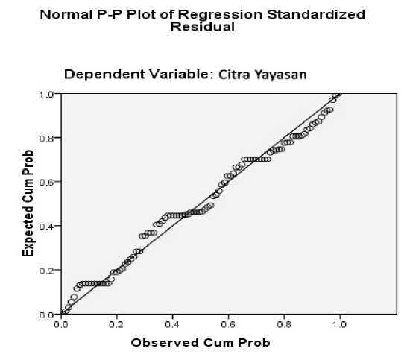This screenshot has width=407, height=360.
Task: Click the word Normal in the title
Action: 66,15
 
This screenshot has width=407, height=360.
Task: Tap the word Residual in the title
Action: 203,27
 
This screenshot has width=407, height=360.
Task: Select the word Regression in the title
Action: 220,15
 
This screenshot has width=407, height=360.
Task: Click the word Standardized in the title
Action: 316,15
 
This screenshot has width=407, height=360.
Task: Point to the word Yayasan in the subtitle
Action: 281,75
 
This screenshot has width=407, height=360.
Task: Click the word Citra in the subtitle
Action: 234,75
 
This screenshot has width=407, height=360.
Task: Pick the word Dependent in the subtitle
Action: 104,75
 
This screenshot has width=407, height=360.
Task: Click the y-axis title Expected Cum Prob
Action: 28,203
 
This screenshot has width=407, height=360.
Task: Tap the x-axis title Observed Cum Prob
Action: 201,343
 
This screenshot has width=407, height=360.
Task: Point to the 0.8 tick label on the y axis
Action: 46,139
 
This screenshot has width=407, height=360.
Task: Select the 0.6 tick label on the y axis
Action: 46,182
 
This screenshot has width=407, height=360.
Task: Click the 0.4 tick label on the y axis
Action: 46,227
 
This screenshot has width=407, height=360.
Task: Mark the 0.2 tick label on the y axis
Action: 46,271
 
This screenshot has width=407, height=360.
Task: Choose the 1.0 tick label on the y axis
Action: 46,95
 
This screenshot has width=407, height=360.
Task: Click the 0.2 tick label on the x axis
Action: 116,324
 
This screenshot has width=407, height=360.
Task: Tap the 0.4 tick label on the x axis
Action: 172,324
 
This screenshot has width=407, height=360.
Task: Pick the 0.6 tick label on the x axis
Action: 228,324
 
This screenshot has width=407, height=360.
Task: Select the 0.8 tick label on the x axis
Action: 284,324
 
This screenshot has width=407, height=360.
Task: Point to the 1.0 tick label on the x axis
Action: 339,324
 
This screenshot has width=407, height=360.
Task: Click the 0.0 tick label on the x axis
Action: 61,324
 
